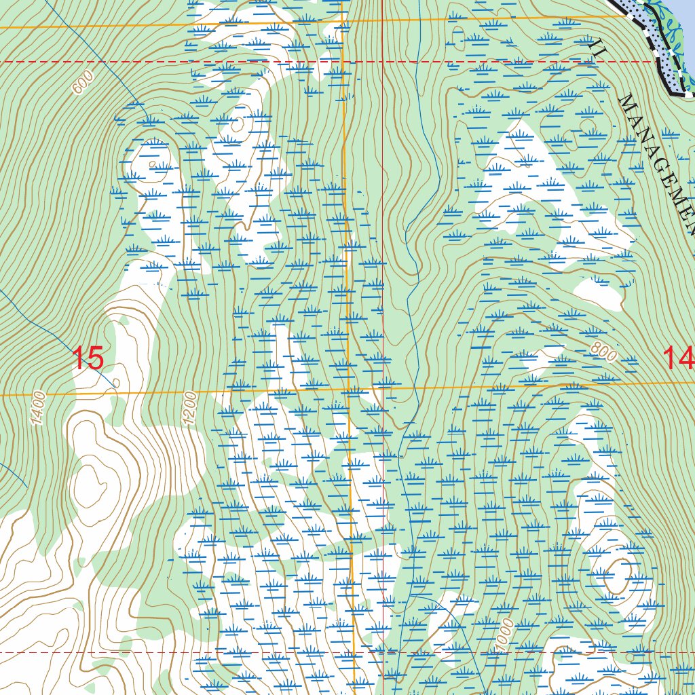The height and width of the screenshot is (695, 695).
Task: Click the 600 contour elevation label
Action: pyautogui.click(x=82, y=83)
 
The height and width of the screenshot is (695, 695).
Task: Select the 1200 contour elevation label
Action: pyautogui.click(x=189, y=408)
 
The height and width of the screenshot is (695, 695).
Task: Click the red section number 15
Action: pyautogui.click(x=88, y=358)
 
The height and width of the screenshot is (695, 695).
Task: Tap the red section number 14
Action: pyautogui.click(x=678, y=358)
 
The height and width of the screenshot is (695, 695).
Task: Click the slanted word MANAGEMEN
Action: pyautogui.click(x=658, y=163)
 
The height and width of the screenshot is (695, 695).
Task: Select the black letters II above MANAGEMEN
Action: pyautogui.click(x=597, y=46)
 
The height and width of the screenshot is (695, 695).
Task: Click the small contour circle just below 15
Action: pyautogui.click(x=115, y=383)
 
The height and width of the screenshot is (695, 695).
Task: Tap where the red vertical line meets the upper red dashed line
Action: pyautogui.click(x=383, y=62)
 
